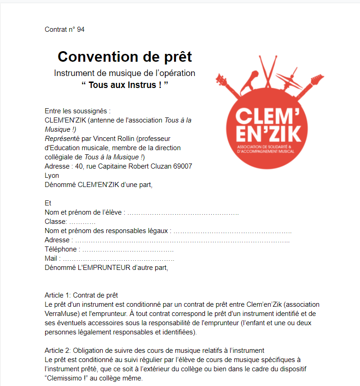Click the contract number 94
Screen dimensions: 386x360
pos(81,29)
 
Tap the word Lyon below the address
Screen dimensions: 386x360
pos(52,175)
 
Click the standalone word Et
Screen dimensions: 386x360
pos(48,203)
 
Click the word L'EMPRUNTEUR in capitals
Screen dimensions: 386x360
pos(104,268)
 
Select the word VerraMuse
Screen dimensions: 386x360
pos(63,314)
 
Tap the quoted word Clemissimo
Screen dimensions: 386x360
pos(67,378)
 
